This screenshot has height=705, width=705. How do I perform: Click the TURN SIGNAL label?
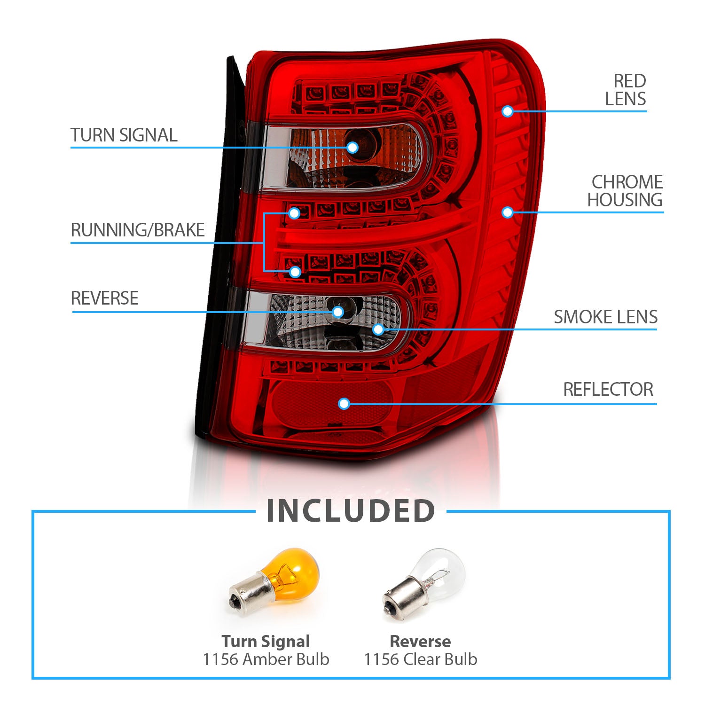pyautogui.click(x=124, y=135)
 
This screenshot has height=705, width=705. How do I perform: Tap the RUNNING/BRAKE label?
pyautogui.click(x=138, y=230)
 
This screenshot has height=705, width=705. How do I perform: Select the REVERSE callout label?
pyautogui.click(x=105, y=298)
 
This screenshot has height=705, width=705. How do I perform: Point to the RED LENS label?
pyautogui.click(x=626, y=90)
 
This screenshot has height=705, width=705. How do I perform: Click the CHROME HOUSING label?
pyautogui.click(x=626, y=191)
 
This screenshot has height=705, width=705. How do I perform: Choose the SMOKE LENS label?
pyautogui.click(x=605, y=317)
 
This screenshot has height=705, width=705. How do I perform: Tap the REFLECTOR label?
pyautogui.click(x=608, y=390)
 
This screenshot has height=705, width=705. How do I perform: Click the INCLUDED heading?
pyautogui.click(x=351, y=511)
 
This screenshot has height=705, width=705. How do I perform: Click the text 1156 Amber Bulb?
pyautogui.click(x=266, y=659)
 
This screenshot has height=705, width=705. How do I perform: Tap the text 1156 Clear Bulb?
pyautogui.click(x=421, y=659)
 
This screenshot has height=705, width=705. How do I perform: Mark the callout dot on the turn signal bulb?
pyautogui.click(x=352, y=148)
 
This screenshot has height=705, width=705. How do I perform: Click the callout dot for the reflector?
pyautogui.click(x=344, y=404)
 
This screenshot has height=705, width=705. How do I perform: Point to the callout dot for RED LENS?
pyautogui.click(x=507, y=111)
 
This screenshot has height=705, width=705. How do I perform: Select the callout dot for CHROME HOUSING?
pyautogui.click(x=507, y=212)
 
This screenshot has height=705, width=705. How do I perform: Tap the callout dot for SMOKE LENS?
pyautogui.click(x=378, y=329)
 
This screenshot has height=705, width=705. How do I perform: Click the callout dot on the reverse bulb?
pyautogui.click(x=337, y=312)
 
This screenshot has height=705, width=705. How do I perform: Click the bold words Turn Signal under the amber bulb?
pyautogui.click(x=266, y=642)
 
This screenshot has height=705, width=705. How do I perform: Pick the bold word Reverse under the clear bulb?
pyautogui.click(x=420, y=642)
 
